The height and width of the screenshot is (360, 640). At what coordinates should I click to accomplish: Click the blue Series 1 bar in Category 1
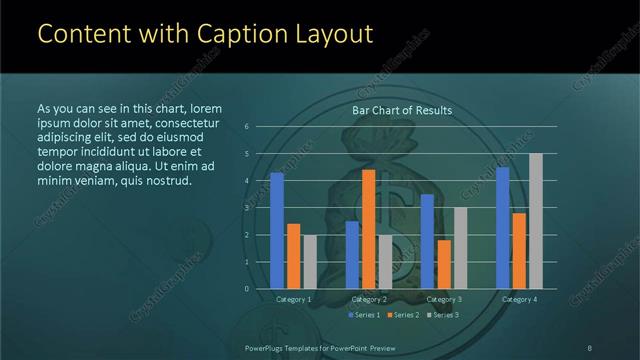(x=277, y=231)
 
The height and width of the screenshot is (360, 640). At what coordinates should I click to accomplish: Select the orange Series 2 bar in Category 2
(x=368, y=229)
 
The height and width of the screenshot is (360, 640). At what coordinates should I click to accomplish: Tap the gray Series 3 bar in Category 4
(x=536, y=221)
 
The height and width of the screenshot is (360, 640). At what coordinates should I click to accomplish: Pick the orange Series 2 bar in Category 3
(x=444, y=264)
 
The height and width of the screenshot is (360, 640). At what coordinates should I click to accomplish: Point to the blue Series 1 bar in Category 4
(x=503, y=228)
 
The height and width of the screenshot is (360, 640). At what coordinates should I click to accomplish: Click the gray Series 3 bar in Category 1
(x=310, y=262)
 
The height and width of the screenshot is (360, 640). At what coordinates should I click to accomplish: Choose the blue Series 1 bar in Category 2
(x=352, y=255)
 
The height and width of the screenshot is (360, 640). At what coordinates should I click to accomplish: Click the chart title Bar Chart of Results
(x=401, y=110)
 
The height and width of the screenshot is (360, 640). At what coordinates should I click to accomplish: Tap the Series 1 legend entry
(x=365, y=315)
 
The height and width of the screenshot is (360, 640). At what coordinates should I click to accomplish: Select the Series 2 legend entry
(x=401, y=315)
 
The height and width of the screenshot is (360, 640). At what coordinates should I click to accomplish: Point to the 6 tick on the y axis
(x=247, y=127)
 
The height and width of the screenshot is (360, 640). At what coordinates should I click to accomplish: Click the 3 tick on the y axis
(x=247, y=208)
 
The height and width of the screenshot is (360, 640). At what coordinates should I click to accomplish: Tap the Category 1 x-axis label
(x=294, y=299)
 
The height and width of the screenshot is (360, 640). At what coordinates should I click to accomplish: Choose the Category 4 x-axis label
(x=519, y=299)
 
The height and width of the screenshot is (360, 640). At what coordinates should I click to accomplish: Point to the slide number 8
(x=590, y=347)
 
